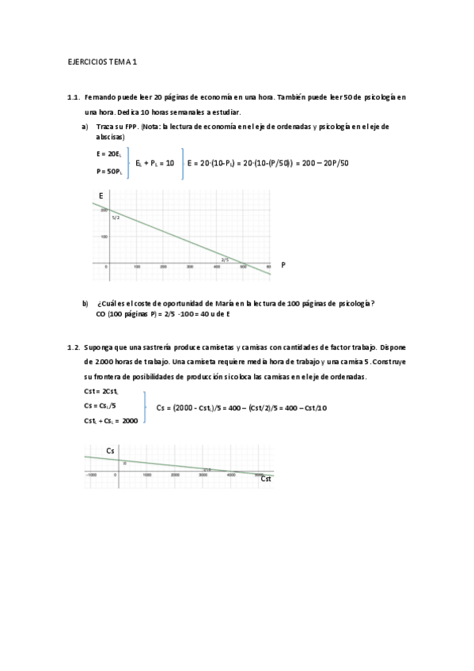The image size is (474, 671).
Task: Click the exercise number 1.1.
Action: pos(74,97)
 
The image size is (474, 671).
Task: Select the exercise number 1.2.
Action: pos(74,347)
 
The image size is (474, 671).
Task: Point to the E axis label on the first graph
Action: pos(100,195)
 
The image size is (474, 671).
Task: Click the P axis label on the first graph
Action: pos(283,266)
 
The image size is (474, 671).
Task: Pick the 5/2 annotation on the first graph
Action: pos(116,217)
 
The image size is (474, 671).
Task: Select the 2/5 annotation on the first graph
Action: pos(224,259)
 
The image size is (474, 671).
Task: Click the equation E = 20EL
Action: pos(108,154)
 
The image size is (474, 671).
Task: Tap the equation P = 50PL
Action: pos(108,171)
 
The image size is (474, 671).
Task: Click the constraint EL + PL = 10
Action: pos(154,163)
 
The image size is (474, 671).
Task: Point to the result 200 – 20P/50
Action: pos(322,163)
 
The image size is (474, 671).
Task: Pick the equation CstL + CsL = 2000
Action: pos(111,421)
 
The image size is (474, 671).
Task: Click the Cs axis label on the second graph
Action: pos(111,450)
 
